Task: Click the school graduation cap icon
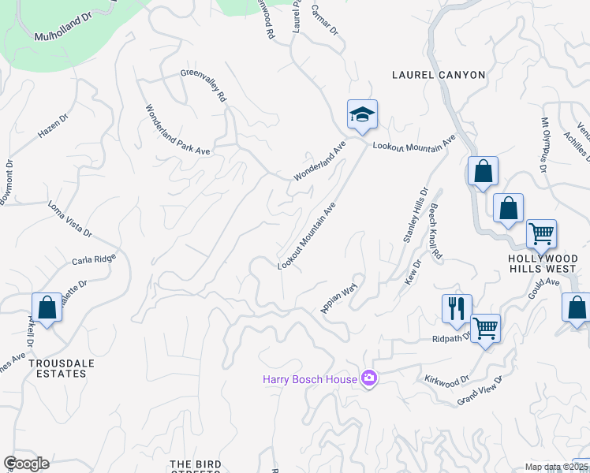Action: click(x=362, y=115)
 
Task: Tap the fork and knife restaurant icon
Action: click(x=457, y=308)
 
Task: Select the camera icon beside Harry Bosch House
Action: click(x=368, y=379)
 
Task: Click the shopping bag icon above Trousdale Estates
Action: click(x=47, y=307)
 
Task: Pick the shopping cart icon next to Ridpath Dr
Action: click(x=485, y=328)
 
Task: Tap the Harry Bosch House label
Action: click(x=310, y=380)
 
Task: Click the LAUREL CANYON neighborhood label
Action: click(x=439, y=75)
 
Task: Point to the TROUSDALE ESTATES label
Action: click(x=58, y=368)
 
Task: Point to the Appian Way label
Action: click(x=340, y=297)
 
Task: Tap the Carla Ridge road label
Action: click(x=94, y=259)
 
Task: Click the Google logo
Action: click(x=26, y=464)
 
